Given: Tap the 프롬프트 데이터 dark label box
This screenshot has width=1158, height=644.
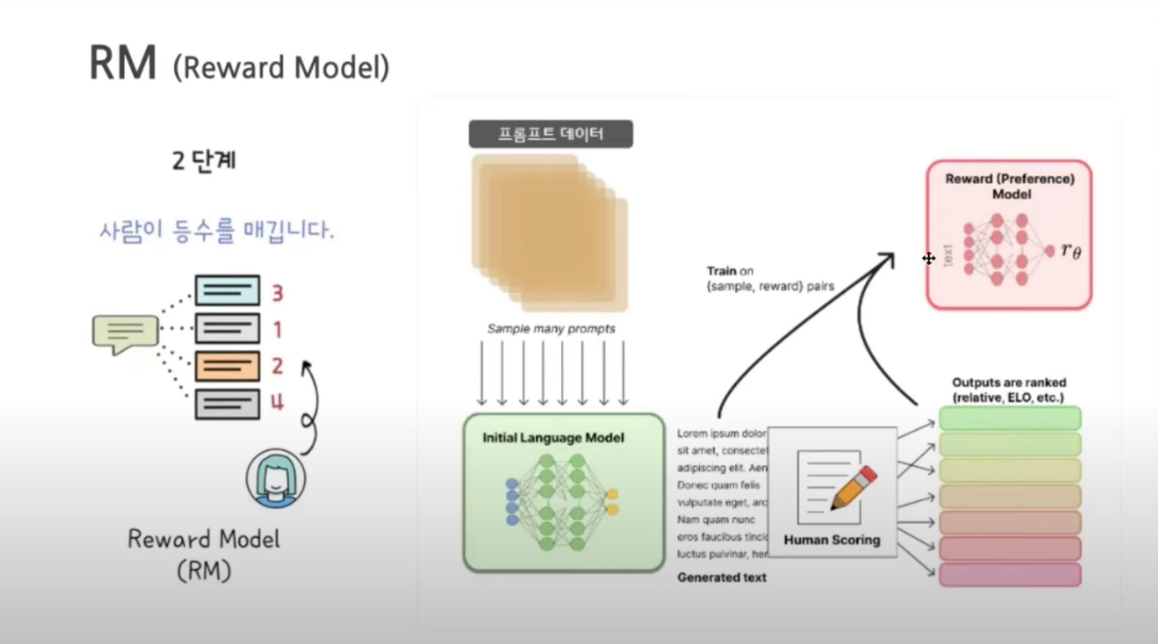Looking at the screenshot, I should (x=551, y=134).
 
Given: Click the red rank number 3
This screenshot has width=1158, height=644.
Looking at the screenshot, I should (x=277, y=293).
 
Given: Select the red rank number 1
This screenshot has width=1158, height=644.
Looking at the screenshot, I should (x=277, y=330).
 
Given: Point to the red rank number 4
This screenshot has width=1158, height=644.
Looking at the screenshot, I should (x=277, y=401).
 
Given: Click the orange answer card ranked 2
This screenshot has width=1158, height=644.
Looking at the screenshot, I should (x=227, y=366).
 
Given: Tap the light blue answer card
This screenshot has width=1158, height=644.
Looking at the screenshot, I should (x=227, y=290).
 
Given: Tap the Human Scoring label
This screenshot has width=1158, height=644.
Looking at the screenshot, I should (x=832, y=540).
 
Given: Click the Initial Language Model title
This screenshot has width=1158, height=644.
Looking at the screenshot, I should (x=553, y=438).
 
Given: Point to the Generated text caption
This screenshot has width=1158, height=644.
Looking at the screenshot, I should (x=721, y=578).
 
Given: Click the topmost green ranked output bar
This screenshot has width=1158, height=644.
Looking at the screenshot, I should (x=1010, y=418).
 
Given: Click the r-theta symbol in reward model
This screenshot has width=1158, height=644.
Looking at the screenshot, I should (x=1071, y=251).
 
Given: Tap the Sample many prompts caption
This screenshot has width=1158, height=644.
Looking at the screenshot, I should (x=551, y=329).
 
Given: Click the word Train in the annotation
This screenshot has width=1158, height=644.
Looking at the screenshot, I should (x=721, y=271).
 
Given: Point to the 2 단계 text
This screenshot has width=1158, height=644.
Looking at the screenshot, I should (x=203, y=160).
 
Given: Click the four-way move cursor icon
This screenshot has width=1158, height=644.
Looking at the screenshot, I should (x=929, y=259).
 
